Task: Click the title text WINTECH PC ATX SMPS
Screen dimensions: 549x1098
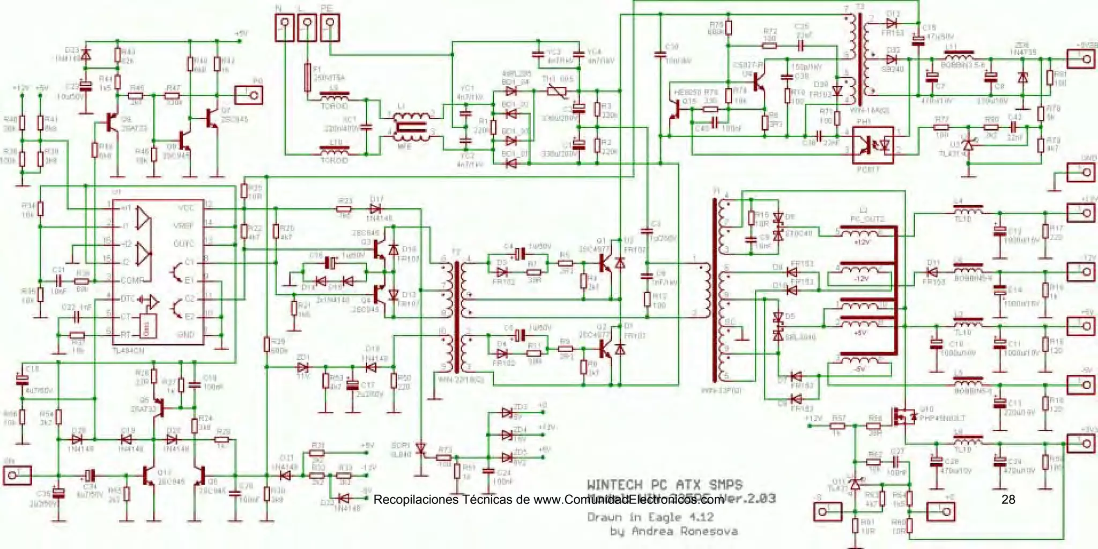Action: pos(665,485)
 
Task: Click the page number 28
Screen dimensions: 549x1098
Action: pos(1008,500)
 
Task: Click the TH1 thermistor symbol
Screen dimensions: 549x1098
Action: pos(556,92)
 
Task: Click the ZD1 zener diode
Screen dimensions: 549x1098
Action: pos(302,368)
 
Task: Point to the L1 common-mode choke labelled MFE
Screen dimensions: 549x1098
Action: pos(411,128)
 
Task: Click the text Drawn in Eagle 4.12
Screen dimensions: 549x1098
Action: pos(650,517)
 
